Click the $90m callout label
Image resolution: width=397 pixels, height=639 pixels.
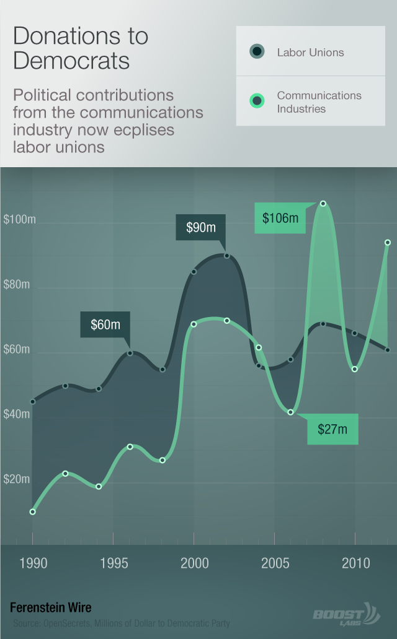pos(201,227)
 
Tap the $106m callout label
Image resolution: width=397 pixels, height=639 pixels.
pos(280,218)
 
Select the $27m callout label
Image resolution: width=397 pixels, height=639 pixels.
pos(332,429)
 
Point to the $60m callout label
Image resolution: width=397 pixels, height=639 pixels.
pos(105,324)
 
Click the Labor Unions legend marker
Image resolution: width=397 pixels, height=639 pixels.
pos(256,52)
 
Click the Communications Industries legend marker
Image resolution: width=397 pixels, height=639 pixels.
pos(256,101)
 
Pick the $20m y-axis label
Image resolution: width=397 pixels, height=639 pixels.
pos(17,479)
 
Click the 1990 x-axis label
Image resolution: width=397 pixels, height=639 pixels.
pos(33,563)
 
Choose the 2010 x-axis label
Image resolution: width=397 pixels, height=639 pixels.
pos(356,563)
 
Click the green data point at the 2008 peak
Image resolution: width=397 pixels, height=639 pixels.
pos(323,203)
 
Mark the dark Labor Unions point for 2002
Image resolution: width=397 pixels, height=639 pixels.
pos(227,256)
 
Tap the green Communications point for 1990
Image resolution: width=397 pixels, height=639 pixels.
pos(32,511)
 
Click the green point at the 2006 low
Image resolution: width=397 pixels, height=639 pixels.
pos(290,412)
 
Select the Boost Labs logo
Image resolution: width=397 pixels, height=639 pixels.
pos(345,614)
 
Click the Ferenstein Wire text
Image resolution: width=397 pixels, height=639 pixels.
pos(50,607)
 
